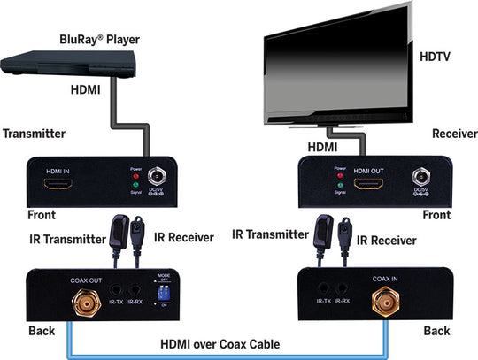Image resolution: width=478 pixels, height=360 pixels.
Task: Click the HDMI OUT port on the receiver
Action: (x=369, y=184)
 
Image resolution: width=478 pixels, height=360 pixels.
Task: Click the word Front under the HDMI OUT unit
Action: (x=436, y=215)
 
